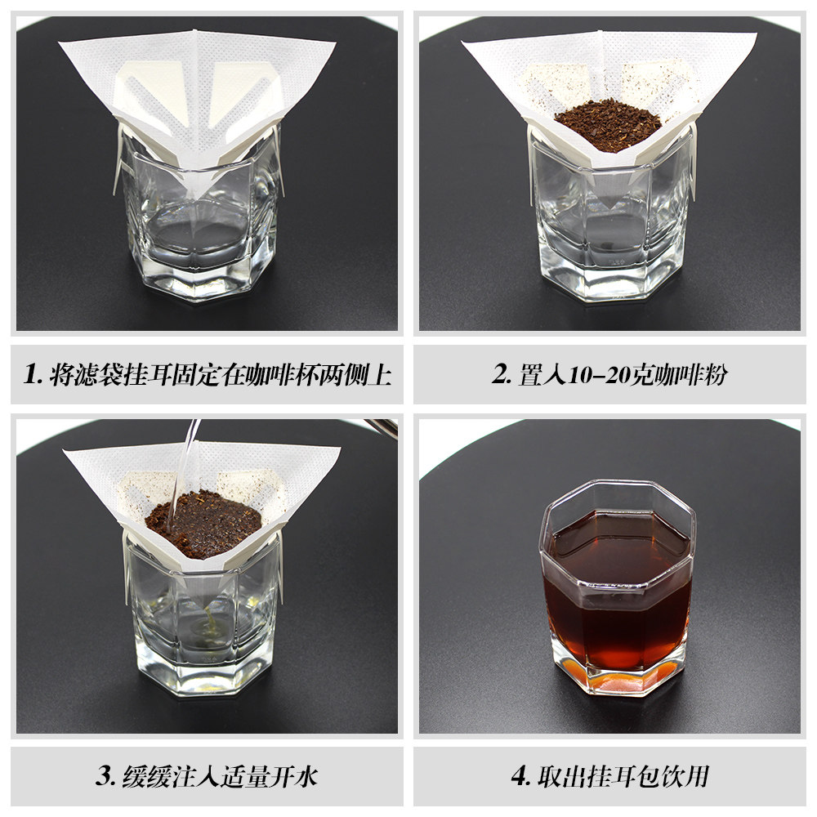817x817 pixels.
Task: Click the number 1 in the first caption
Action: click(30, 374)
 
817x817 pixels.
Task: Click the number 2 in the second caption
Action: click(499, 374)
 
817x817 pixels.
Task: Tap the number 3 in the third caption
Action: click(105, 775)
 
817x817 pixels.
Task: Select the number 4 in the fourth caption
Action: click(520, 775)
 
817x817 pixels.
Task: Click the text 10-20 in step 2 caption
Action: click(598, 375)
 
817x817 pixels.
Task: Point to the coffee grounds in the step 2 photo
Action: click(608, 125)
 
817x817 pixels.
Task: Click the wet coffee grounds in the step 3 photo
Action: click(203, 524)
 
